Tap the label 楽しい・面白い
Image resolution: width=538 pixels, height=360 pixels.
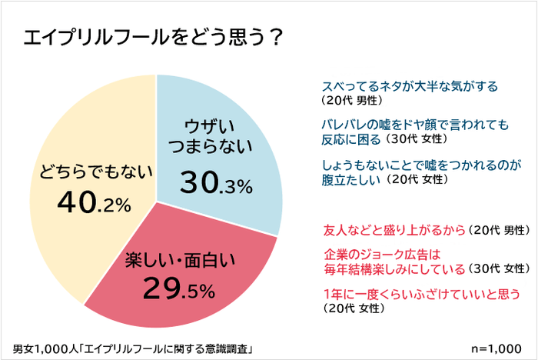[182, 260]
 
